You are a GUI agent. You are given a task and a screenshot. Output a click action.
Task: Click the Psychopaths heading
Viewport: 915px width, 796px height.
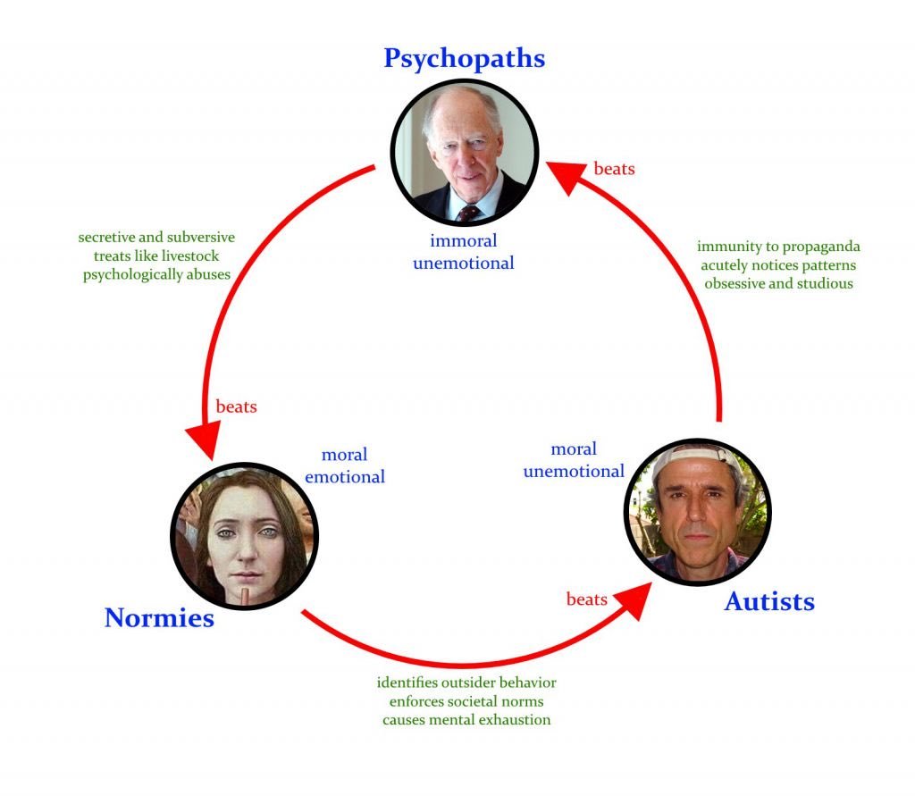(464, 58)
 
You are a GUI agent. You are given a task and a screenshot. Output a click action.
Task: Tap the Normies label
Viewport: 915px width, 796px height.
(159, 617)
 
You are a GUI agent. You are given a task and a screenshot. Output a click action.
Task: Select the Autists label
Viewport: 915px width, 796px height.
(769, 601)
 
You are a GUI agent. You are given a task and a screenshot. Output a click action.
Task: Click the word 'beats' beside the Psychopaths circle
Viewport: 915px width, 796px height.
(614, 168)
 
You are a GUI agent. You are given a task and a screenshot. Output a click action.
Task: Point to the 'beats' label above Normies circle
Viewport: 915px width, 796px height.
(236, 406)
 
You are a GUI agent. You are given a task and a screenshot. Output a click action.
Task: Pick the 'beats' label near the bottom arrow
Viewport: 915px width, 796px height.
(587, 599)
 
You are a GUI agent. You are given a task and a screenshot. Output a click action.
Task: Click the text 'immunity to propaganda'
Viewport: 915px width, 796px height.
(778, 247)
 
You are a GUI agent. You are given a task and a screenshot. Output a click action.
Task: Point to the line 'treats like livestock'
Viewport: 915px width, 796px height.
(156, 256)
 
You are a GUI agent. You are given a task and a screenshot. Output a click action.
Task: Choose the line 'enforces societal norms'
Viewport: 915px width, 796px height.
(466, 700)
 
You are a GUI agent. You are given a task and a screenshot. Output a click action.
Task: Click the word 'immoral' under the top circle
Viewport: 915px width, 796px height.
(463, 241)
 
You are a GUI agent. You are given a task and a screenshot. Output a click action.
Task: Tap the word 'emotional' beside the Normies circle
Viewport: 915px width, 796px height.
(345, 477)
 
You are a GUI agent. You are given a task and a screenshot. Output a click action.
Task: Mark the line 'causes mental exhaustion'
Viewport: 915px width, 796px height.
(466, 719)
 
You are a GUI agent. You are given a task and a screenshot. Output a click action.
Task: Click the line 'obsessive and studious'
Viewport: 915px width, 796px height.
(778, 284)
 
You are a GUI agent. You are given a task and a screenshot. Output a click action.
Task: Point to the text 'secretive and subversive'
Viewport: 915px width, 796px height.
(156, 238)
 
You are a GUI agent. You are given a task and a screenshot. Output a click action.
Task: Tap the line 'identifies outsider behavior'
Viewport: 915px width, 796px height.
(466, 683)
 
